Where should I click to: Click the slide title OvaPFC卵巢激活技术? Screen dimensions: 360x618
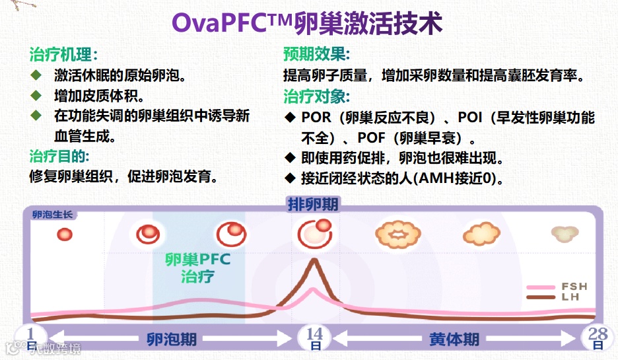(307, 23)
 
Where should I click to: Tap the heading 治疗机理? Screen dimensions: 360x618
(63, 55)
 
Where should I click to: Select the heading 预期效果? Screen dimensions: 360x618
(316, 55)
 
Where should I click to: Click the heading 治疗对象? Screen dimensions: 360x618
(316, 96)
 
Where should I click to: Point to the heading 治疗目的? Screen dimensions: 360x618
(59, 157)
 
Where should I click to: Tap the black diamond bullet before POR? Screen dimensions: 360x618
(289, 118)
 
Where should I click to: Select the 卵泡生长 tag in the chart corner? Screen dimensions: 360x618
(53, 215)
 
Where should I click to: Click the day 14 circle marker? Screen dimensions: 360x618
(314, 338)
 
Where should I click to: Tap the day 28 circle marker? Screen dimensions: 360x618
(598, 337)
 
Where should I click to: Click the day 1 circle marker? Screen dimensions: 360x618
(31, 337)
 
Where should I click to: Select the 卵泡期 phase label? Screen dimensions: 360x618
(172, 340)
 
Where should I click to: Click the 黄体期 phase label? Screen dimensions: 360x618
(454, 340)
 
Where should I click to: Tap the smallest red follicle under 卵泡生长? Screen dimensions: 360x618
(64, 234)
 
